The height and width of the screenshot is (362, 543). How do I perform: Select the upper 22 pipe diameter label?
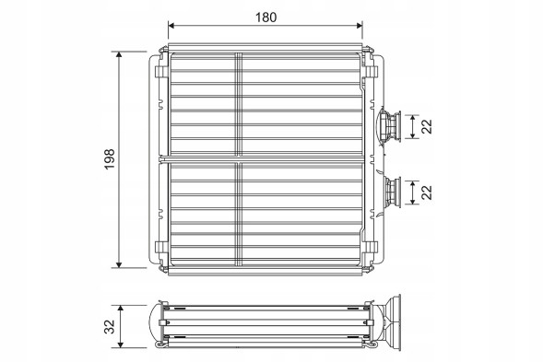pyautogui.click(x=428, y=126)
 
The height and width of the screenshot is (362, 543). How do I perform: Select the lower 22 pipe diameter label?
pyautogui.click(x=428, y=192)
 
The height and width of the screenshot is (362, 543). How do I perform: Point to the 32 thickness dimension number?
pyautogui.click(x=108, y=326)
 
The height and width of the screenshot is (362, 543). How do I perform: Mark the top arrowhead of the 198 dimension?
pyautogui.click(x=120, y=55)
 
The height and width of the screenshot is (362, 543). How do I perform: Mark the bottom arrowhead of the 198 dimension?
pyautogui.click(x=120, y=265)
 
